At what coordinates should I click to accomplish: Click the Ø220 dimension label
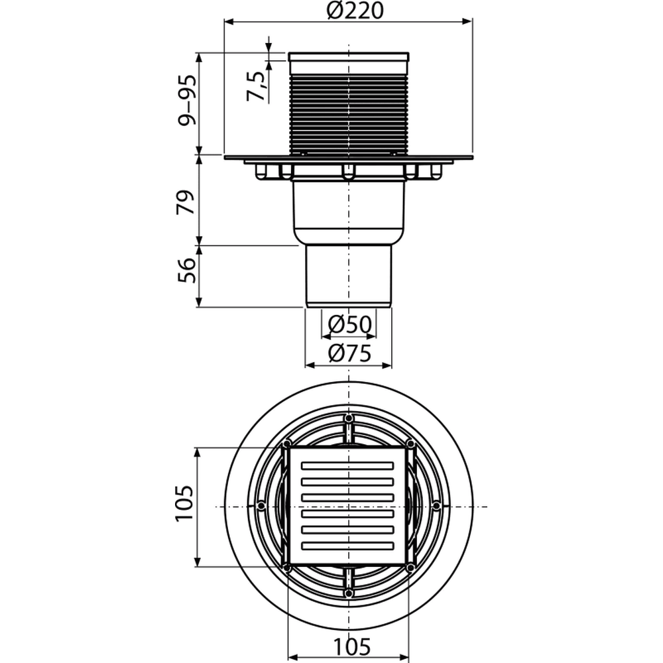[355, 11]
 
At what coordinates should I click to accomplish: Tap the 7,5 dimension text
[256, 86]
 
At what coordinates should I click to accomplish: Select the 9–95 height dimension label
[187, 101]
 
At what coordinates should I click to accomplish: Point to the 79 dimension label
[186, 202]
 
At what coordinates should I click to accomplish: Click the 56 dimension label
[186, 271]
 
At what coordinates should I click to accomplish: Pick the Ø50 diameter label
[349, 325]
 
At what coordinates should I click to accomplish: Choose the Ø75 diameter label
[349, 353]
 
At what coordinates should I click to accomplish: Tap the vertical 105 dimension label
[184, 504]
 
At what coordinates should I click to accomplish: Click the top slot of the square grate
[347, 466]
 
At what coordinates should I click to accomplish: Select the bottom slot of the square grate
[347, 546]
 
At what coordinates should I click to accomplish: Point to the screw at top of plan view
[349, 419]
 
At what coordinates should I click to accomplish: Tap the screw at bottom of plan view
[349, 593]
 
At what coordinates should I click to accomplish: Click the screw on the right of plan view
[436, 506]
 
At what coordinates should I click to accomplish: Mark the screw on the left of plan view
[261, 506]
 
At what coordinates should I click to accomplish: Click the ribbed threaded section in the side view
[349, 114]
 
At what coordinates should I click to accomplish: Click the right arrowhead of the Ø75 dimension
[387, 365]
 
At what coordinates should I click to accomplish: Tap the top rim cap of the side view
[349, 57]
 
